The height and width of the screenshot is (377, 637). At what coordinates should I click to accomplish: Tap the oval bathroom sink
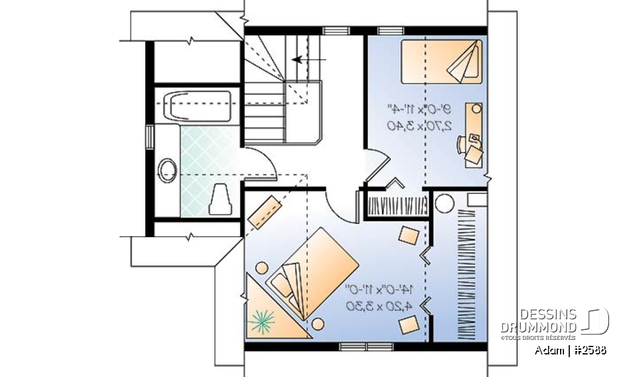168,170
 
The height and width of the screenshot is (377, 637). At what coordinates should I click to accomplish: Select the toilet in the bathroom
220,199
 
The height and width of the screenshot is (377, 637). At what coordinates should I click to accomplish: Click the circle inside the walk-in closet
445,202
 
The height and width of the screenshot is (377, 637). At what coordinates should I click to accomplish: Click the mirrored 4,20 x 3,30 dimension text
379,305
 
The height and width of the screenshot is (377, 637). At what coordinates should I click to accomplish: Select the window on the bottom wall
358,346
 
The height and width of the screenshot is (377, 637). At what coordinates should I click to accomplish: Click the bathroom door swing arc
256,164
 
